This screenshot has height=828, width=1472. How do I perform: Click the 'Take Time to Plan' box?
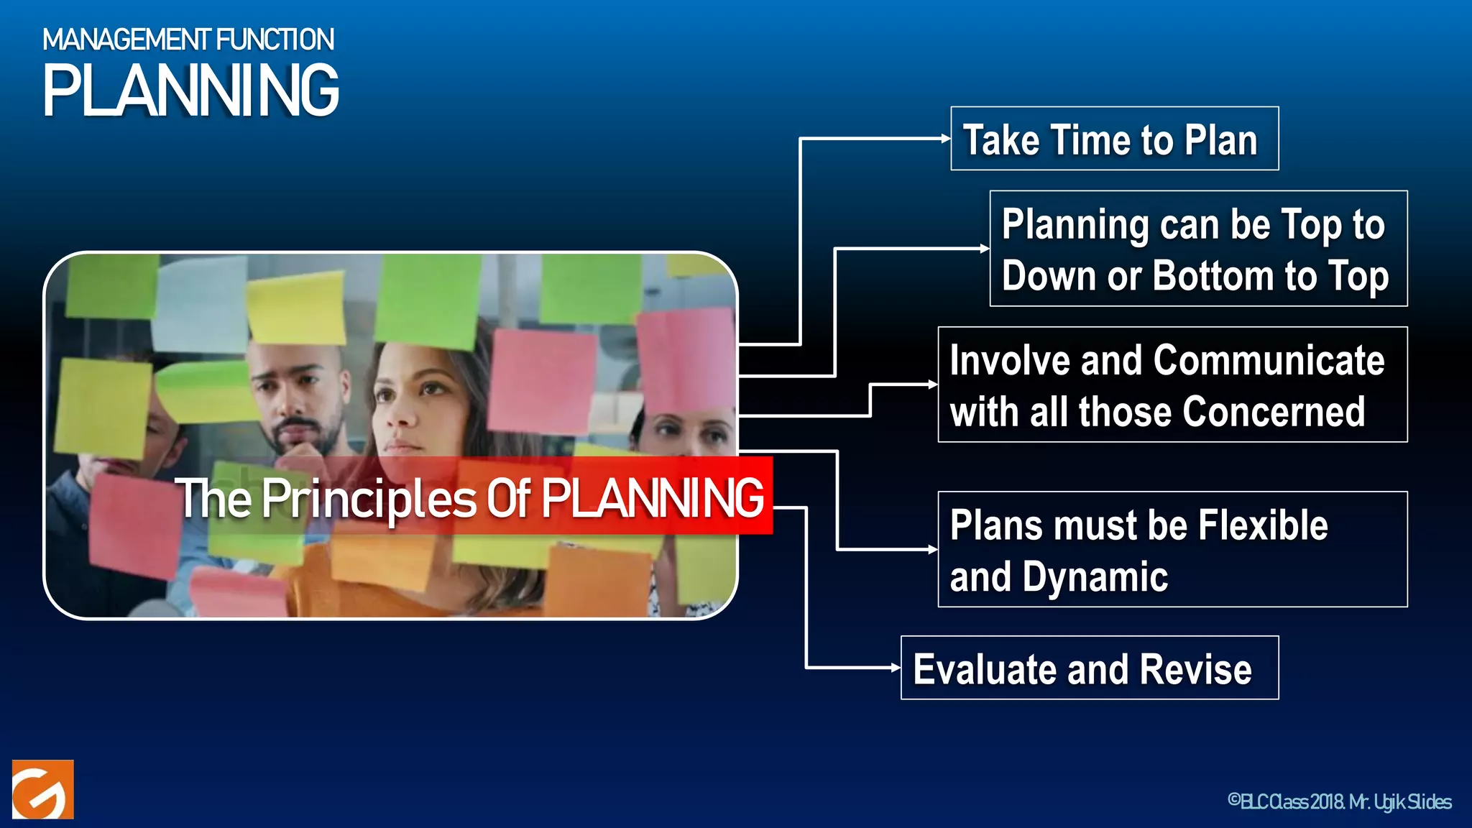coord(1114,139)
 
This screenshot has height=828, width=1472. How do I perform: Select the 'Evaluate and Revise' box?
coord(1089,668)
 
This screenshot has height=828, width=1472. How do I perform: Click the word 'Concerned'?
coord(1274,412)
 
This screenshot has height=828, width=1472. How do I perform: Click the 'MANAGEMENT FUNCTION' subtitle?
coord(188,40)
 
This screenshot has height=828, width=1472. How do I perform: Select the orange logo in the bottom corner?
coord(43,789)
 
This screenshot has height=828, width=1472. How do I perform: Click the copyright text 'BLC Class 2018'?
coord(1287,801)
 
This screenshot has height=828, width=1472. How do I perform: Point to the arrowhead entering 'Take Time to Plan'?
coord(946,139)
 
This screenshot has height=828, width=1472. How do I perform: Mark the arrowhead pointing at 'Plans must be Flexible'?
coord(933,550)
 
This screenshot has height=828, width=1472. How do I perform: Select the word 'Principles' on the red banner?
coord(369,498)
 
